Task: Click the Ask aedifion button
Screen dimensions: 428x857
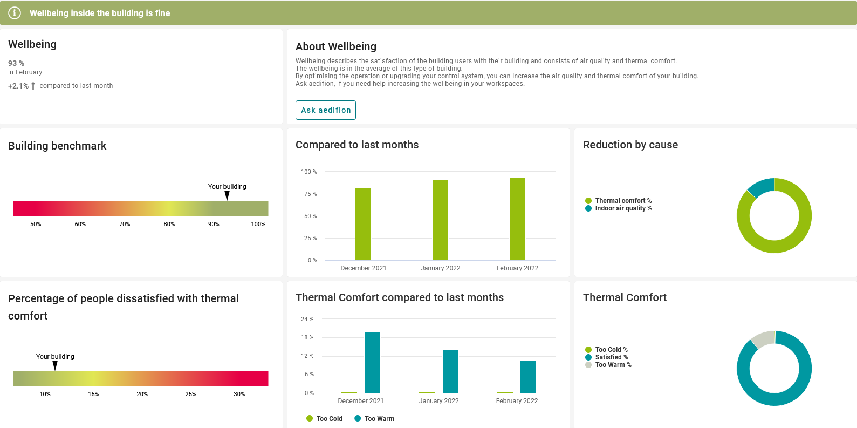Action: click(326, 110)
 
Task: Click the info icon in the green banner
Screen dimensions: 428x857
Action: click(15, 13)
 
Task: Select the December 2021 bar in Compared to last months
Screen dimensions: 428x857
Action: click(363, 224)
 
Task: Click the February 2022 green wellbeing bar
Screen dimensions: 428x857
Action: click(517, 219)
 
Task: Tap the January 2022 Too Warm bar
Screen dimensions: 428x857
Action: click(450, 371)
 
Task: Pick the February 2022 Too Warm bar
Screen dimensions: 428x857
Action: click(528, 377)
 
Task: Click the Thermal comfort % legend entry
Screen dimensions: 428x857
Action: click(622, 201)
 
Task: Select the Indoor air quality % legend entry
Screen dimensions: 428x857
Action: click(623, 208)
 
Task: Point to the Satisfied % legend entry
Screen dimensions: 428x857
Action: click(611, 357)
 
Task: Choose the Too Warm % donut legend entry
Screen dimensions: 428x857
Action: click(613, 365)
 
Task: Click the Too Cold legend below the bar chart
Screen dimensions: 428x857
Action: click(328, 419)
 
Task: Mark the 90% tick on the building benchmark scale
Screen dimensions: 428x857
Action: click(214, 224)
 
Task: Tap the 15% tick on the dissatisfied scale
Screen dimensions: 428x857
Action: click(94, 394)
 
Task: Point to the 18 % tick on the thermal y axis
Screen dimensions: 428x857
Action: click(307, 337)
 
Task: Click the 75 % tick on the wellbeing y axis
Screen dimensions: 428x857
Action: click(310, 194)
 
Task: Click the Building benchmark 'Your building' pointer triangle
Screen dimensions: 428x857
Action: click(227, 195)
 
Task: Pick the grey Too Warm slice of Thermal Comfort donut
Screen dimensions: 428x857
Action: click(763, 338)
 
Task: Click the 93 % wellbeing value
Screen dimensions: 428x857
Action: click(16, 63)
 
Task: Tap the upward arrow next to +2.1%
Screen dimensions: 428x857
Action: click(33, 86)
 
